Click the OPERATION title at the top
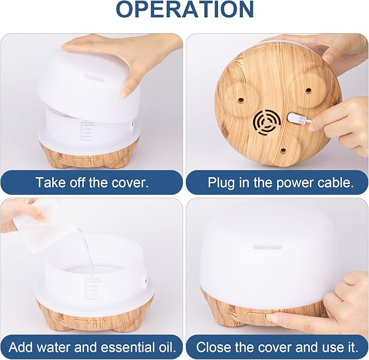point(185,9)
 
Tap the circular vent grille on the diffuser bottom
point(267,122)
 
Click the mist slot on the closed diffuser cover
point(267,247)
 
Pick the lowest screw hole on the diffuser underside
point(283,151)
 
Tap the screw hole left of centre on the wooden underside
point(241,100)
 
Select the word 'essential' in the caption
point(126,347)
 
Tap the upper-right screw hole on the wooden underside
point(308,90)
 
